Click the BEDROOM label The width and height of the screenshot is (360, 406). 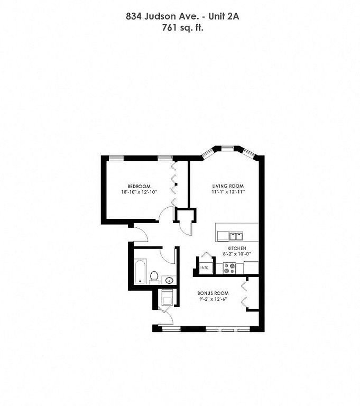[x=139, y=186]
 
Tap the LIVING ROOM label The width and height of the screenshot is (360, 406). [x=228, y=186]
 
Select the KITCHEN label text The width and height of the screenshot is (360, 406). [x=237, y=248]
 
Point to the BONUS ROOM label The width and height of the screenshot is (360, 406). [x=213, y=293]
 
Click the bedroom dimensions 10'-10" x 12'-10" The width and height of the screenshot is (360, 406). [x=140, y=192]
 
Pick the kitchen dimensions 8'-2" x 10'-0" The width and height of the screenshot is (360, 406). [x=237, y=254]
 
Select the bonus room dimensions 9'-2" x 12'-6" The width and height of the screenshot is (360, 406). [x=214, y=299]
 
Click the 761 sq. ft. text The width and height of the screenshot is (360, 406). [x=182, y=27]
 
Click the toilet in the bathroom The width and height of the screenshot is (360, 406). [x=154, y=277]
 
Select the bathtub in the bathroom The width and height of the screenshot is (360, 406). [x=140, y=272]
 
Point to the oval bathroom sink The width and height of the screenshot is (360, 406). [x=169, y=280]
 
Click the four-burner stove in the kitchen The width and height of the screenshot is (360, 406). [x=229, y=268]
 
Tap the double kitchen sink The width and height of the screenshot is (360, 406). [x=236, y=236]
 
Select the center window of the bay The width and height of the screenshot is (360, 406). [x=227, y=149]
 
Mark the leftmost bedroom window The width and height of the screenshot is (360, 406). [x=116, y=158]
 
